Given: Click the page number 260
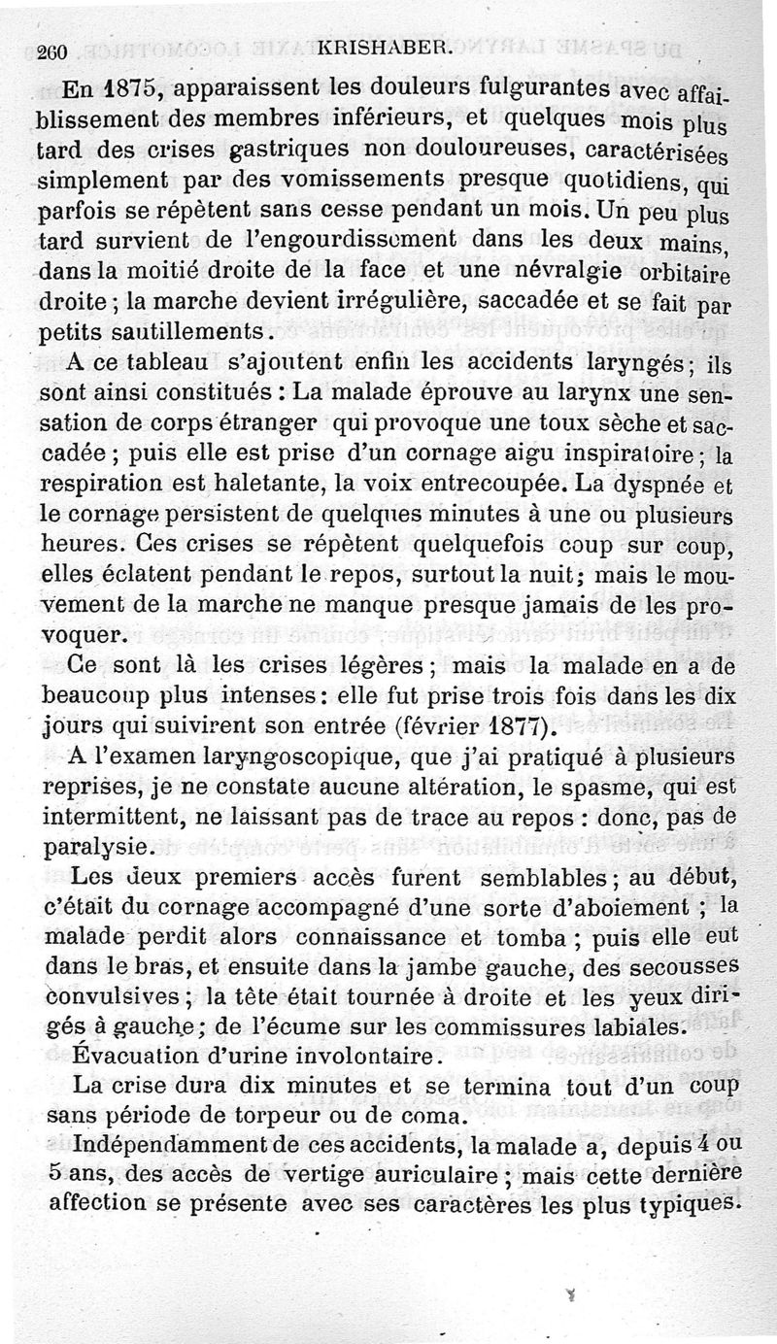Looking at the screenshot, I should click(x=47, y=54).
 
